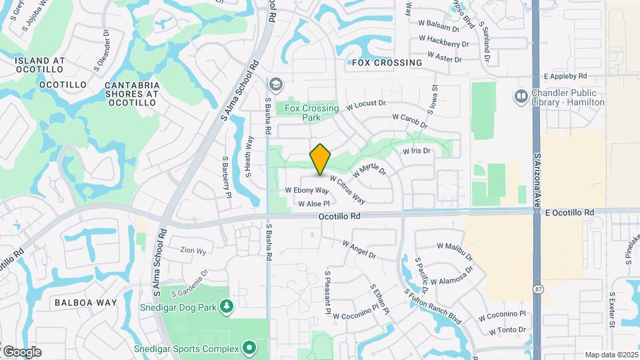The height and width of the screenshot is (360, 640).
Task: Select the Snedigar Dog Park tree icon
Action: tap(227, 306)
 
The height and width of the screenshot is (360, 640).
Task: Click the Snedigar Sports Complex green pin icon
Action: tap(249, 347)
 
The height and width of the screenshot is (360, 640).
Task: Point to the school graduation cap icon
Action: tap(275, 85)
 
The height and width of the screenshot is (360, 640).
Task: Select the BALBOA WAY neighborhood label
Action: tap(85, 303)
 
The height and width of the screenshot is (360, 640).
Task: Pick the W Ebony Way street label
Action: tap(307, 190)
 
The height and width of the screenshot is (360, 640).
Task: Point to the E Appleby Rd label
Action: tap(565, 77)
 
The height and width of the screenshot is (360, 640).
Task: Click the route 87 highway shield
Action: tap(537, 289)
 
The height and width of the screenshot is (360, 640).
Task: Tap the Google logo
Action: tap(22, 351)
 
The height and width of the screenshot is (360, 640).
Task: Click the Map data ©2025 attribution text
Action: tap(611, 355)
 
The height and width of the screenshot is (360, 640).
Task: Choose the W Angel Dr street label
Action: tap(359, 250)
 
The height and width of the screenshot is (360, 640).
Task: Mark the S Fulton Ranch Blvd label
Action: tap(433, 303)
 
